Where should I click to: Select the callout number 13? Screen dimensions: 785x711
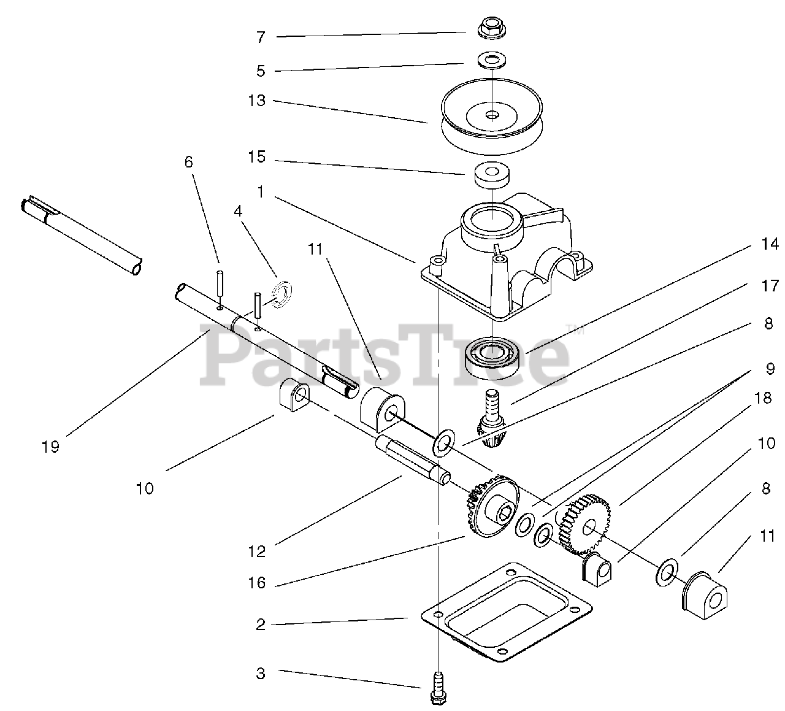[x=257, y=100]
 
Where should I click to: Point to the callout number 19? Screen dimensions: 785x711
[x=51, y=447]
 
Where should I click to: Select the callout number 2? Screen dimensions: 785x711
[x=261, y=625]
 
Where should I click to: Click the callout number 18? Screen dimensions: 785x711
[x=763, y=398]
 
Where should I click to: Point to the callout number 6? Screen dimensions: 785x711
[x=188, y=162]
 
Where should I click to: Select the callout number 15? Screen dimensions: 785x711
[x=257, y=157]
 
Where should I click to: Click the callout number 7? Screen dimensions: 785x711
[x=261, y=37]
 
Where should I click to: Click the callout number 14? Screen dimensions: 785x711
[x=769, y=245]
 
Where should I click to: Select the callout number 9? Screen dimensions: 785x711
[x=770, y=369]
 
